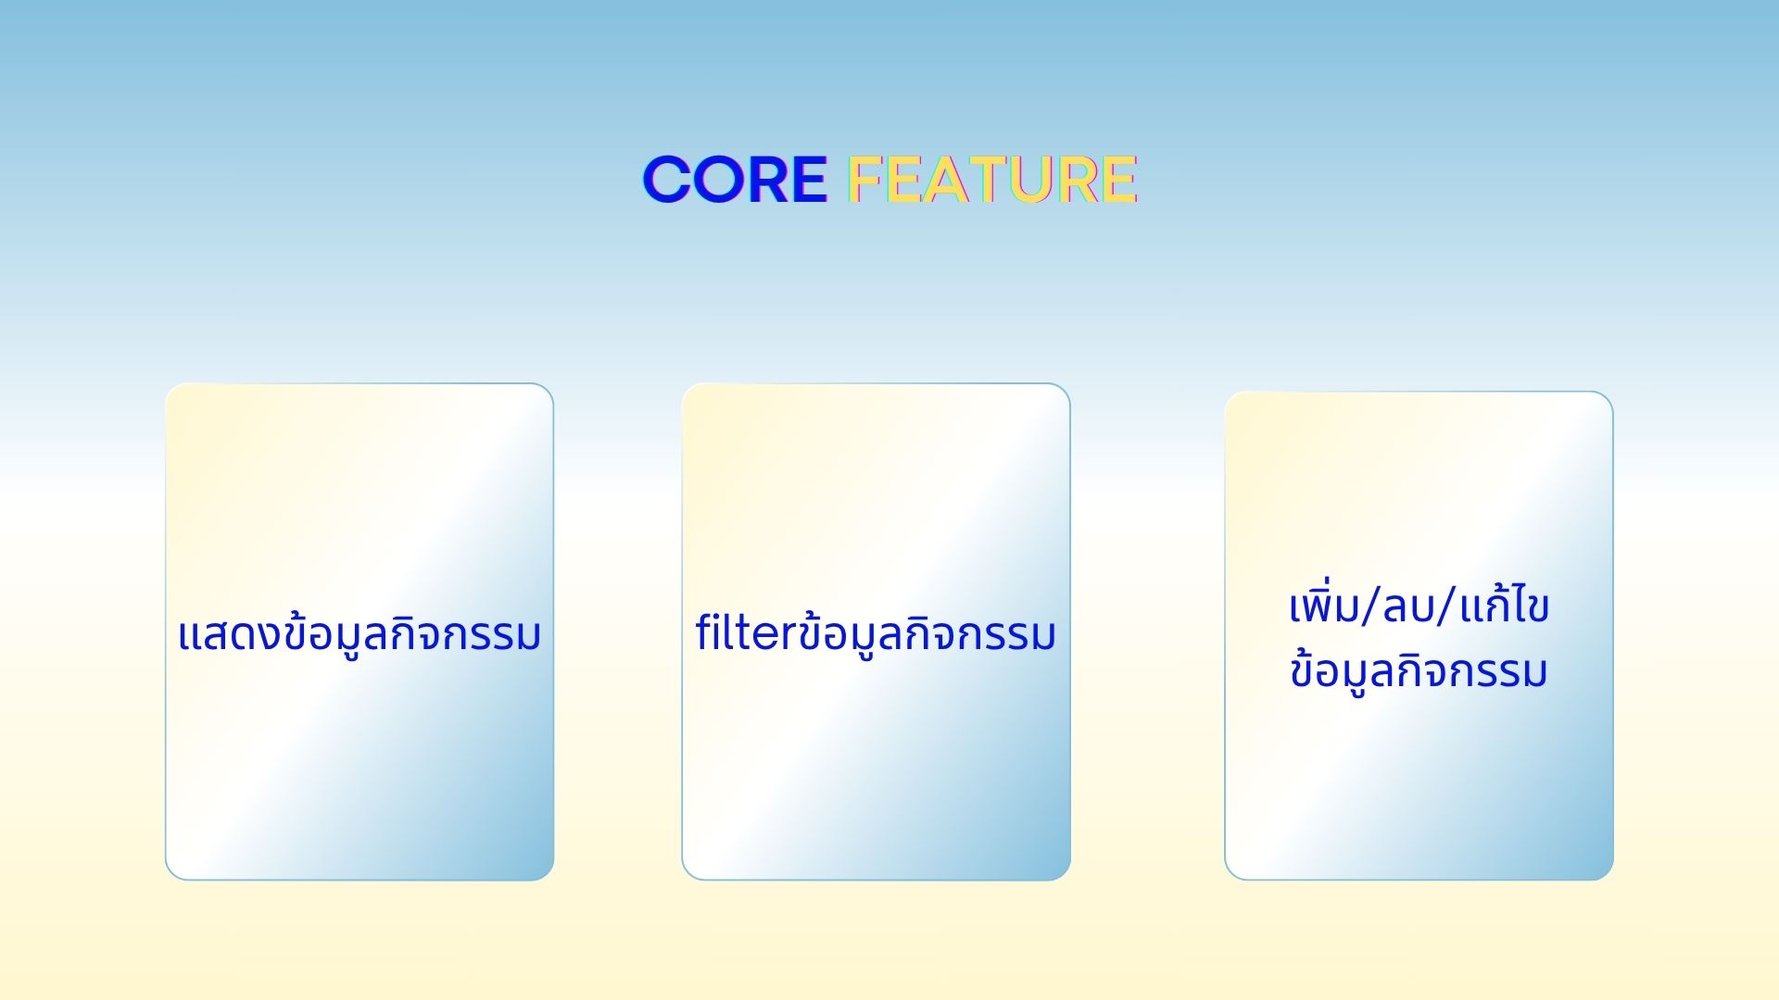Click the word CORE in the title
[735, 179]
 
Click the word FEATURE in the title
[992, 179]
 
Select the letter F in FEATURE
[865, 179]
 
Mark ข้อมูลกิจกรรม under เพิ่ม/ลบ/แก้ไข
[1419, 671]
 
